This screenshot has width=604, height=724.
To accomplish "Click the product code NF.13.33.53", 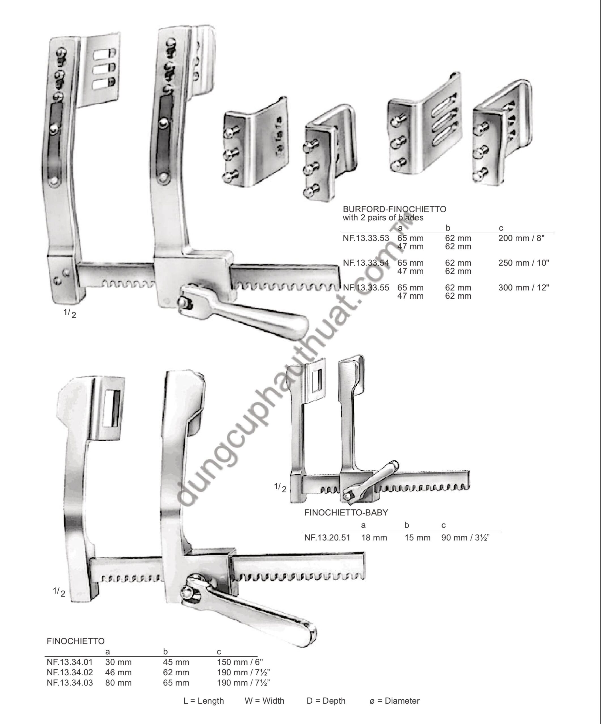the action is [x=366, y=238].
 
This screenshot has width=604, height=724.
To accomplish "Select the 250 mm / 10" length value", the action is [x=524, y=263].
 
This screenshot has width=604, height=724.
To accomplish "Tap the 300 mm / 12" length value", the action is [x=524, y=288].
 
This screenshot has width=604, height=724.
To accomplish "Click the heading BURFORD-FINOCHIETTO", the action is [x=394, y=209].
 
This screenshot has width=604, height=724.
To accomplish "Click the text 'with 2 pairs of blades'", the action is [x=383, y=217].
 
